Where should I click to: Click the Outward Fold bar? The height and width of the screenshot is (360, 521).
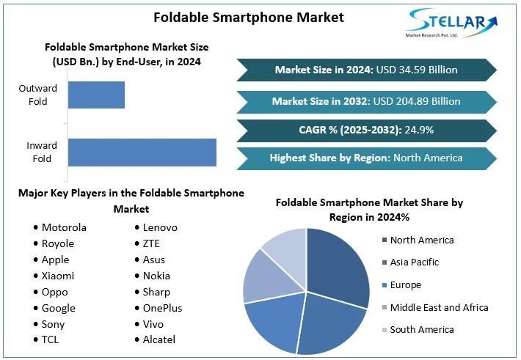coord(96,95)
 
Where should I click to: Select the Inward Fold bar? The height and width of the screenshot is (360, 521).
coord(142,152)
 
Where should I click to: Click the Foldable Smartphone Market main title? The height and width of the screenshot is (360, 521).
coord(249,16)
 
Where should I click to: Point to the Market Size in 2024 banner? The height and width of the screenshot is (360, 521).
coord(366,70)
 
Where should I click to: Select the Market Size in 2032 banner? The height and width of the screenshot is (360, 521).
coord(366,101)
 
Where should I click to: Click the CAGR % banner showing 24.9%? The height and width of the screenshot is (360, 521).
coord(366,130)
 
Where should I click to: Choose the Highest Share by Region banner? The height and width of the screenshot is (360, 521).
coord(366,158)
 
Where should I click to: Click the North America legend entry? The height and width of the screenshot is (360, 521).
coord(421,240)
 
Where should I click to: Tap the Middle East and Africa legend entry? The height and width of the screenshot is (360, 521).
coord(438,307)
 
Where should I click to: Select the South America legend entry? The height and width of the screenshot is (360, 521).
coord(421,329)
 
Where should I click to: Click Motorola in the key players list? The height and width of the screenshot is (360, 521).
coord(64,227)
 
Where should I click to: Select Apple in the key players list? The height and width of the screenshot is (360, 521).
coord(55,260)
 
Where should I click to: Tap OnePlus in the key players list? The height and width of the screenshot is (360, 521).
coord(162,308)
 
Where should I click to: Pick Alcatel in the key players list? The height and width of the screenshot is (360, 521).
coord(159,339)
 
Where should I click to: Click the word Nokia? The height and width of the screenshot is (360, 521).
coord(156,276)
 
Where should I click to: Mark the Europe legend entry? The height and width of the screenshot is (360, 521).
coord(405,284)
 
